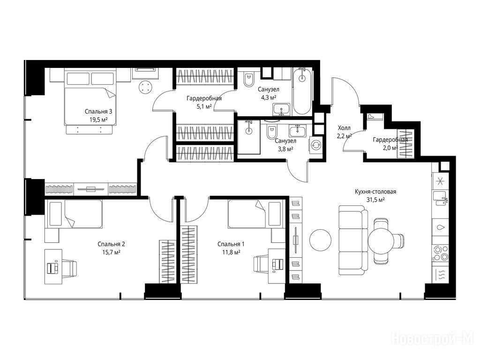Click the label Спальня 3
pyautogui.click(x=97, y=112)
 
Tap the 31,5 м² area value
pyautogui.click(x=375, y=200)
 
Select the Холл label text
pyautogui.click(x=344, y=128)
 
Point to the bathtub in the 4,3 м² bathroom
pyautogui.click(x=302, y=91)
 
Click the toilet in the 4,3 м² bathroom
pyautogui.click(x=248, y=80)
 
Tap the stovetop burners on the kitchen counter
pyautogui.click(x=440, y=254)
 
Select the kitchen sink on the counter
pyautogui.click(x=440, y=199)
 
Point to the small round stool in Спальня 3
pyautogui.click(x=145, y=87)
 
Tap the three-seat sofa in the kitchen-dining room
pyautogui.click(x=353, y=241)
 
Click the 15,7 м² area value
pyautogui.click(x=111, y=252)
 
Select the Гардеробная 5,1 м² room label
pyautogui.click(x=204, y=103)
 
